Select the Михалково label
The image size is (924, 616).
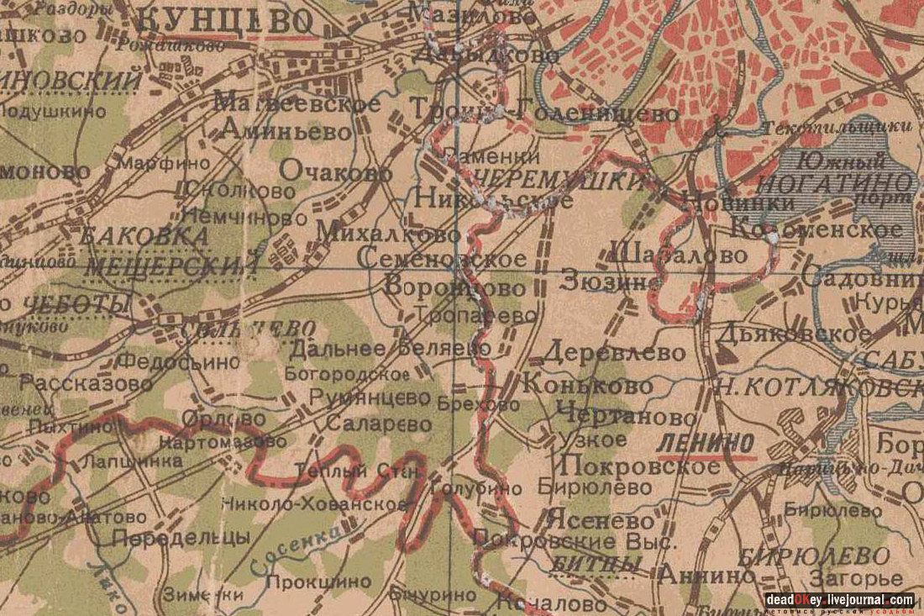click(x=388, y=233)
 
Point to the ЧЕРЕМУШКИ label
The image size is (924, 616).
click(x=558, y=179)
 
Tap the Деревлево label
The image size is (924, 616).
click(x=614, y=352)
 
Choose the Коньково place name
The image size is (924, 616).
click(x=587, y=385)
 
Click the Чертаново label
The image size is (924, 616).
click(x=626, y=416)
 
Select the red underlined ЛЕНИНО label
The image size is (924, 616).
click(x=694, y=443)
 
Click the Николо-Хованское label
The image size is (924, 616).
click(x=314, y=505)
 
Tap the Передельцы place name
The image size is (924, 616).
click(x=181, y=537)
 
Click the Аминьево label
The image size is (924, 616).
click(x=286, y=131)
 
